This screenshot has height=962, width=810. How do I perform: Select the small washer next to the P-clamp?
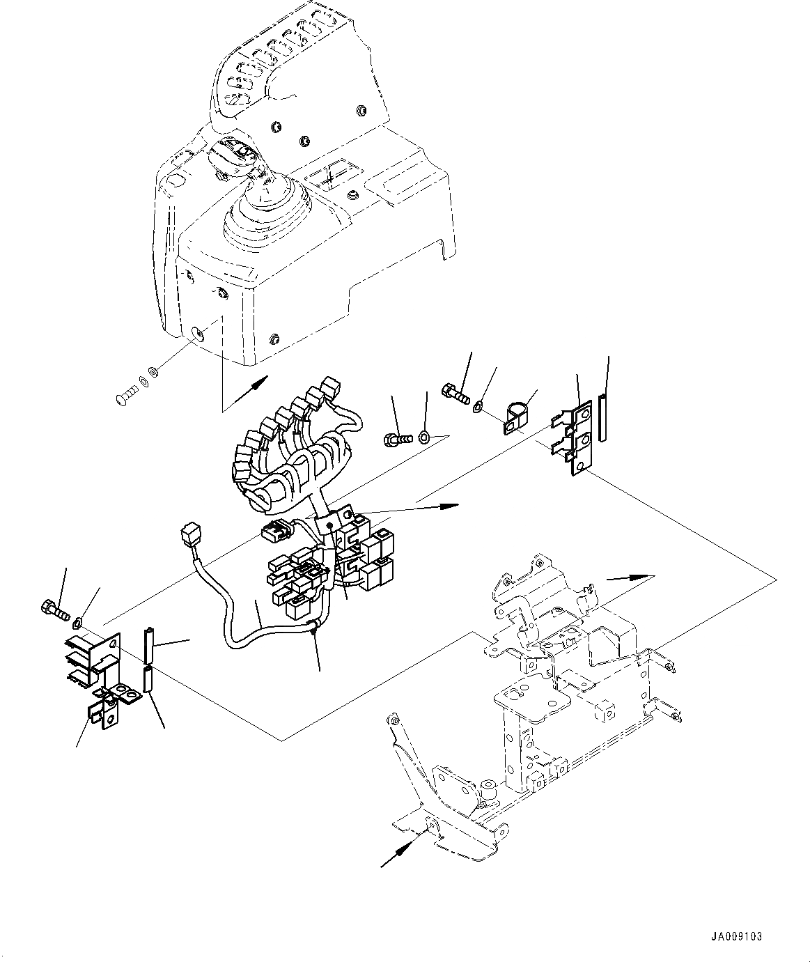pos(480,405)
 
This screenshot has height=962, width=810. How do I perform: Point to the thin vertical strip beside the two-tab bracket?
pos(603,418)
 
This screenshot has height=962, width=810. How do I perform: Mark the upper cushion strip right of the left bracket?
pos(148,644)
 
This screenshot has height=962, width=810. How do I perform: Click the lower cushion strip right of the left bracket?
pos(148,680)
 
